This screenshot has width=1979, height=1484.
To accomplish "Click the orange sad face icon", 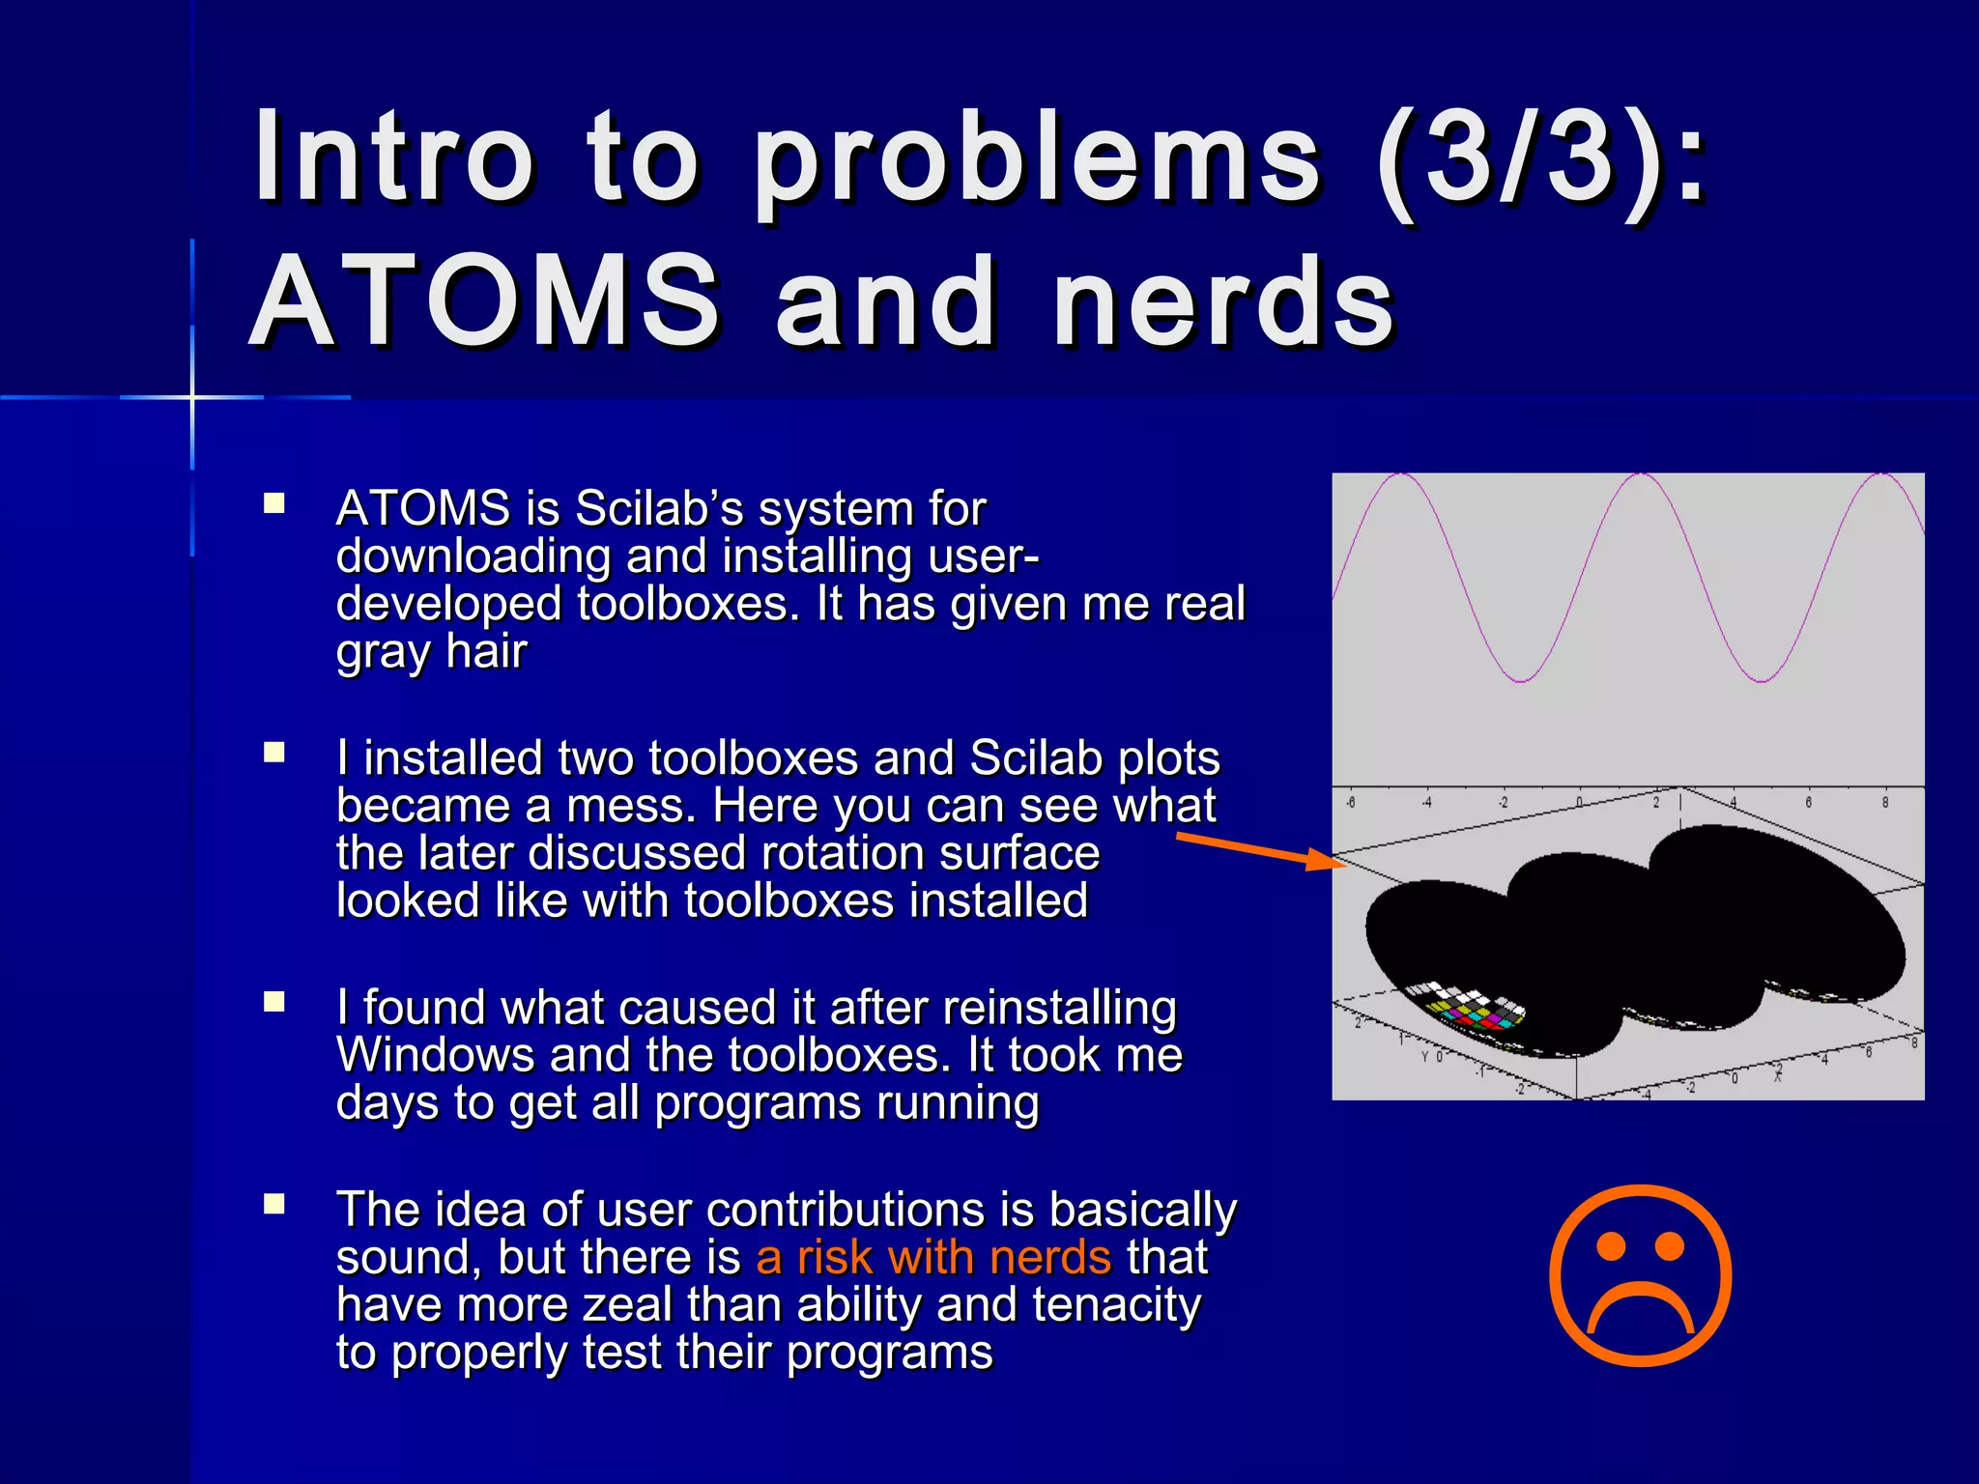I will [1640, 1275].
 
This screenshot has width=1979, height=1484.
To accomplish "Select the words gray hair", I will [431, 652].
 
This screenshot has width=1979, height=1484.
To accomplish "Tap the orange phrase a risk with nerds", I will [933, 1257].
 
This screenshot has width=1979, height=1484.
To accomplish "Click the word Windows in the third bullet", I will [435, 1054].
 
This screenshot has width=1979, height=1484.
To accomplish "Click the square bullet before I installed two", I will [274, 753].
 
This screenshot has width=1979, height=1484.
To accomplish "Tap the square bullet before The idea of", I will [274, 1204].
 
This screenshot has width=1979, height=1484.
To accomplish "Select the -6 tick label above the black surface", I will [1350, 803].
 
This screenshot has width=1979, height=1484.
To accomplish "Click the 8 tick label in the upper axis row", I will [1884, 803].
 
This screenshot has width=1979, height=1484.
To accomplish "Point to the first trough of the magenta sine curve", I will [1520, 681].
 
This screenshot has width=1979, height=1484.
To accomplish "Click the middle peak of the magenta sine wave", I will [1641, 474].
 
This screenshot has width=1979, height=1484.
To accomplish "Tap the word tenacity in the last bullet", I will [1116, 1305].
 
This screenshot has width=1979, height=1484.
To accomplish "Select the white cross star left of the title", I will [192, 397].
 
